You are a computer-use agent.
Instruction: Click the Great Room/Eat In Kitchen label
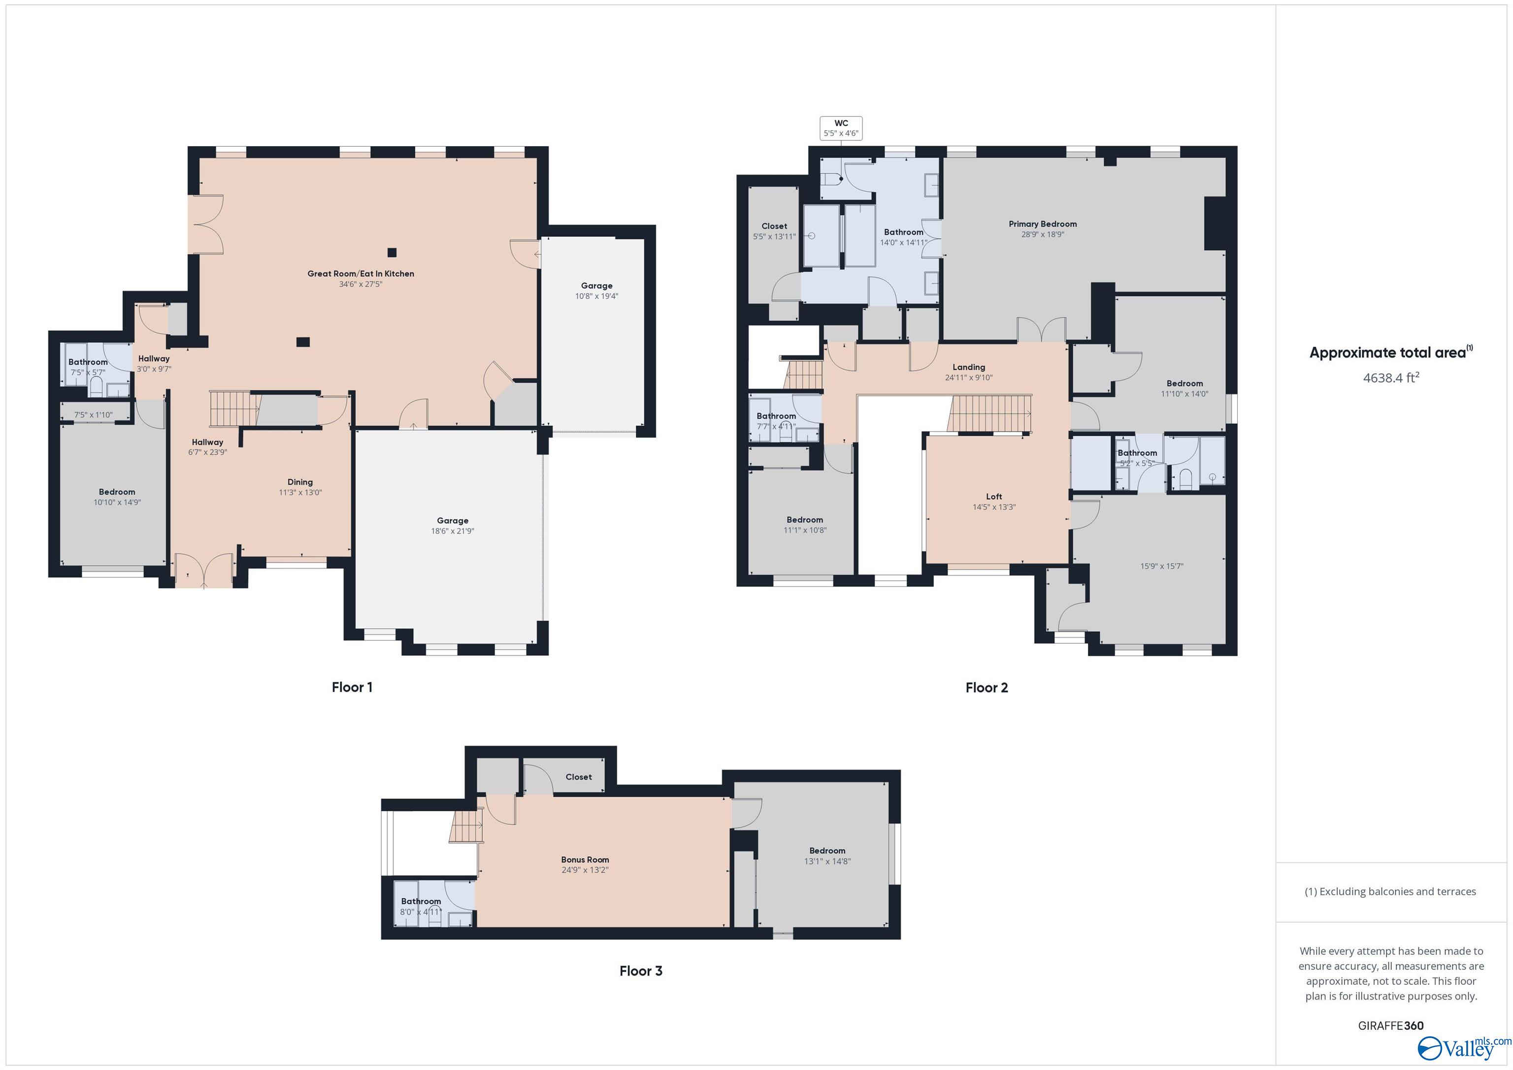(361, 273)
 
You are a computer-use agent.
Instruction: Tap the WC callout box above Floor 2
(841, 128)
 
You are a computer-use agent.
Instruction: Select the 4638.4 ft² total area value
(1390, 378)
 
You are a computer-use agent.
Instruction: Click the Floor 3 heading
(641, 971)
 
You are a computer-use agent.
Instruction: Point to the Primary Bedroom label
(1043, 224)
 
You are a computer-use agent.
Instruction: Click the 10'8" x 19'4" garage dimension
(596, 296)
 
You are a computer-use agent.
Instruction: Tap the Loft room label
(994, 497)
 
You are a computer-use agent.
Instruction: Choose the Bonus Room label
(585, 859)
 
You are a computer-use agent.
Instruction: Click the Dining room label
(300, 482)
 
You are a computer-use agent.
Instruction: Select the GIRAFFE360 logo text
(1390, 1026)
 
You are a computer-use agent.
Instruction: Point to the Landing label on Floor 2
(969, 367)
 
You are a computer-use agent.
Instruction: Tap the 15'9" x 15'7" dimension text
(1162, 566)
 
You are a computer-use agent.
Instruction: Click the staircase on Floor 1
(232, 409)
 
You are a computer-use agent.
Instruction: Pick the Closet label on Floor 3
(579, 777)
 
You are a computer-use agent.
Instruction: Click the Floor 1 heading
(352, 687)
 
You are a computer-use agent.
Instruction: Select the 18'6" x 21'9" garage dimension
(452, 531)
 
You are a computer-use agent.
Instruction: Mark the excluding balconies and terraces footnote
(1390, 891)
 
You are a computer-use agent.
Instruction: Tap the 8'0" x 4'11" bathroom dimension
(421, 912)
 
